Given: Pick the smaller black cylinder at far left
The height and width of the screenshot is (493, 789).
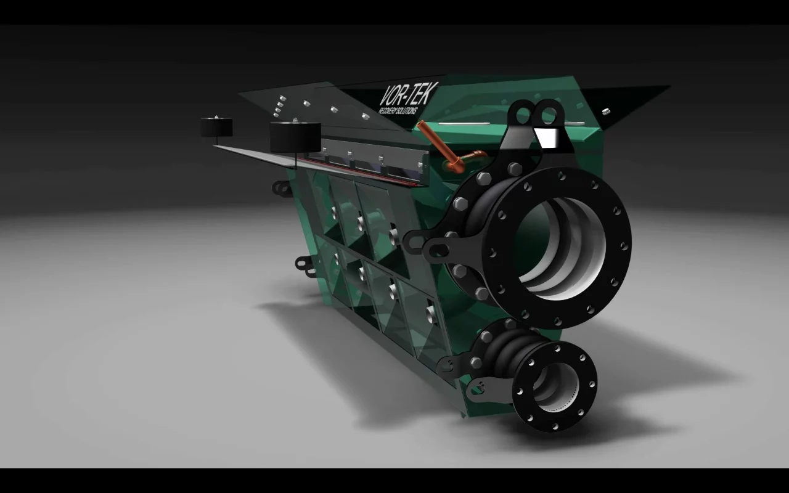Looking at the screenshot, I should click(x=216, y=126).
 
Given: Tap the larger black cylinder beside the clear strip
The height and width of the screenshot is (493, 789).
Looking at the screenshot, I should click(x=295, y=137).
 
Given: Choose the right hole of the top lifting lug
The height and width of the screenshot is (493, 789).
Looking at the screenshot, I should click(x=548, y=113).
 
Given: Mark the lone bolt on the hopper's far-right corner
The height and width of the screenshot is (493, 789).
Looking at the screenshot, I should click(x=606, y=112).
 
